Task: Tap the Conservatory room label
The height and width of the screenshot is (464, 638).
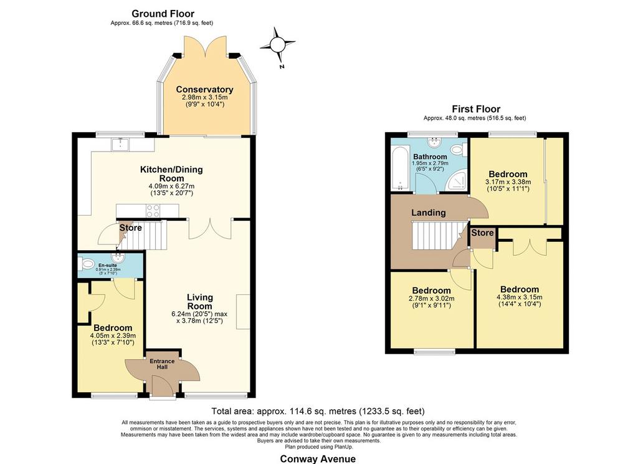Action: [x=204, y=90]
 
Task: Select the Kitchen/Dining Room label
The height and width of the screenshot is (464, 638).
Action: [x=171, y=174]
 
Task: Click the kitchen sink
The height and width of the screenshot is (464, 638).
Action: [x=121, y=144]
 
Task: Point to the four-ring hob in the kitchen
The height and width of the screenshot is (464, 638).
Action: [x=153, y=211]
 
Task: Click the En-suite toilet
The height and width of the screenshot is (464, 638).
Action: [x=87, y=264]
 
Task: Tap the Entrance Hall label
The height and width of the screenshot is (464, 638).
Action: [x=162, y=364]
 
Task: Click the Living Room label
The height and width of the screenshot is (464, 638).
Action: [x=200, y=302]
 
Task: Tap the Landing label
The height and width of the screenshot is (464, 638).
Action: [x=429, y=213]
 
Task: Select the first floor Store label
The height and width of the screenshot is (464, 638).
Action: [x=483, y=233]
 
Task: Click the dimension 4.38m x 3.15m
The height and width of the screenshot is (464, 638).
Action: [x=520, y=297]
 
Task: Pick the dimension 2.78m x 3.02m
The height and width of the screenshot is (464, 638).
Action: [x=431, y=298]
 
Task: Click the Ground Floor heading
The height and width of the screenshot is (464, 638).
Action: [x=163, y=14]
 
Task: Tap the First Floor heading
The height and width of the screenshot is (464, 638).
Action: [x=476, y=109]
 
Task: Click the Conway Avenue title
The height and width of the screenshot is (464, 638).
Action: [x=318, y=459]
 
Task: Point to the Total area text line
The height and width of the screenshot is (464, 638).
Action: [x=318, y=411]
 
